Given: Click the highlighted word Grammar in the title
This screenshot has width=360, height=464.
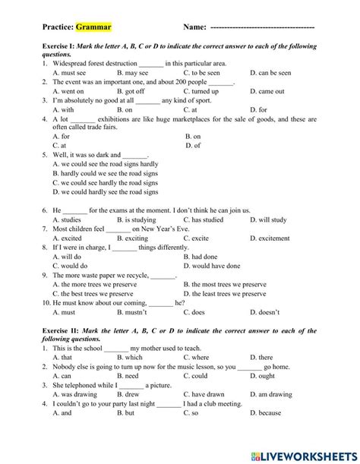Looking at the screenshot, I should (x=93, y=27).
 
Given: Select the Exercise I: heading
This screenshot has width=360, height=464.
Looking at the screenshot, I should (x=65, y=47).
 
